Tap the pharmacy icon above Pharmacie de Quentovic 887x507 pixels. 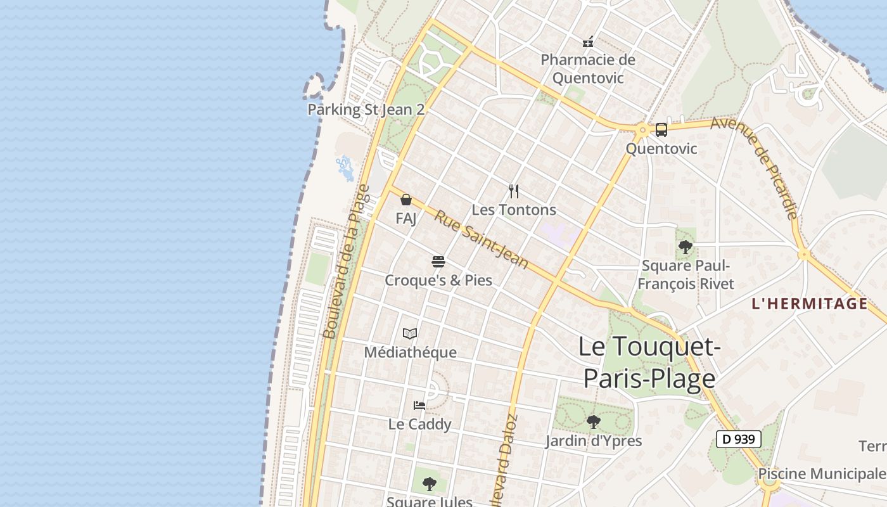(x=589, y=42)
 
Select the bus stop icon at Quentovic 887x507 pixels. (x=661, y=130)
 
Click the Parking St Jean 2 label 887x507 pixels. (x=366, y=109)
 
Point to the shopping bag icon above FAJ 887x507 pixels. (x=406, y=200)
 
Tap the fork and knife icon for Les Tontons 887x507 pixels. (x=514, y=191)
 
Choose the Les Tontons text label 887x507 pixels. (x=514, y=210)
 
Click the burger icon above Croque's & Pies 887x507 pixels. (x=438, y=261)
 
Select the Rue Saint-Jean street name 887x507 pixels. (x=481, y=239)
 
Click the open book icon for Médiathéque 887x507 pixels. (x=410, y=333)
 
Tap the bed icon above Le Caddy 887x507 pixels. (x=419, y=405)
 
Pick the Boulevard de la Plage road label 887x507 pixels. (x=346, y=262)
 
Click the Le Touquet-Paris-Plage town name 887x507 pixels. (x=649, y=363)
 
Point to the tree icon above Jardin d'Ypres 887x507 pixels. (x=593, y=421)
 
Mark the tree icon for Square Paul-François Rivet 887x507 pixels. (x=685, y=247)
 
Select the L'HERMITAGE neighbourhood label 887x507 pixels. (x=809, y=304)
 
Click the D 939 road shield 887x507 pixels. (x=738, y=439)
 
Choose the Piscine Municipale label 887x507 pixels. (x=822, y=473)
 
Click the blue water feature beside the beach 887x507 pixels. (x=345, y=168)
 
